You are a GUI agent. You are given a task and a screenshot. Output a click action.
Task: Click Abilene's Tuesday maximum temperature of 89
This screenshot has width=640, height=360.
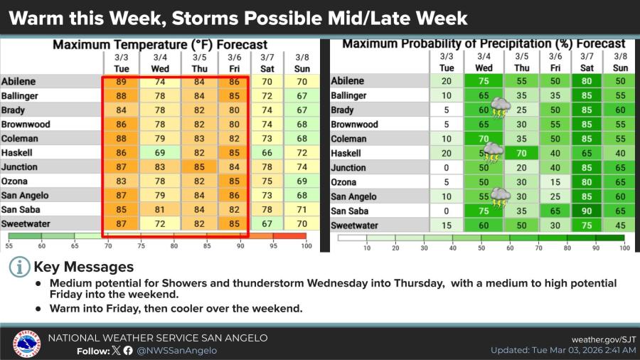point(121,82)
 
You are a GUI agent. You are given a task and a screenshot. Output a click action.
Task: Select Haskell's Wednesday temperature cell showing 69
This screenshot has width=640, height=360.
point(160,153)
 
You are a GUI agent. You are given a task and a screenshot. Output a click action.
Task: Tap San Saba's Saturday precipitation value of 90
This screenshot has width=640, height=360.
point(587,211)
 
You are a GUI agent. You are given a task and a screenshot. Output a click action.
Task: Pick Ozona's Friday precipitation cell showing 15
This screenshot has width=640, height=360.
point(555,182)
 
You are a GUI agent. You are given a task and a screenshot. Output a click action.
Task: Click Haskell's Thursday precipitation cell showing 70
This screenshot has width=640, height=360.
point(521,154)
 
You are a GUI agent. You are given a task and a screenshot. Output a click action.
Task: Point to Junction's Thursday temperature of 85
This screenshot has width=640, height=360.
point(199,167)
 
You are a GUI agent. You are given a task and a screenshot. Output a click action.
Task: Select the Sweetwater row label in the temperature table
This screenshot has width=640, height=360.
point(26,223)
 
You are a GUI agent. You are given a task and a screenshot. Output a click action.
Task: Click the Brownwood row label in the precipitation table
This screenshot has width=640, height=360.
point(354,125)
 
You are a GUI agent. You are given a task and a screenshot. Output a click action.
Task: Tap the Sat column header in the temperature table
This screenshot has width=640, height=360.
point(267,68)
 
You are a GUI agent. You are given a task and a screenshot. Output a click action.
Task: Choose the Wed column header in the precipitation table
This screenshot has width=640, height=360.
point(484,68)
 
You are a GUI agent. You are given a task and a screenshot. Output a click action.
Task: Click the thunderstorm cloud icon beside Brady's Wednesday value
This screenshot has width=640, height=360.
point(501,107)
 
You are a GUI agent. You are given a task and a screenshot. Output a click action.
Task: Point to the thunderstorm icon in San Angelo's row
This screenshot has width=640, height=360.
point(501,198)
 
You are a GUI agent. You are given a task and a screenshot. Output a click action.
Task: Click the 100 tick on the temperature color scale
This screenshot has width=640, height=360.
point(306,245)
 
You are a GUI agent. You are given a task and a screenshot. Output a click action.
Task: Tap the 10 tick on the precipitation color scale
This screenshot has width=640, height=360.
point(367,248)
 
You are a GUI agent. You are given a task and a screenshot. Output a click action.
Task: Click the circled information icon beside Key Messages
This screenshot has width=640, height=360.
point(20,268)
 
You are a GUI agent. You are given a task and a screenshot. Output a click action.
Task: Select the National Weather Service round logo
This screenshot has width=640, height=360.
point(26,344)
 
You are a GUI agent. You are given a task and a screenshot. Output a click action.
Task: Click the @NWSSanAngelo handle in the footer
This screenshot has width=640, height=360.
point(176,351)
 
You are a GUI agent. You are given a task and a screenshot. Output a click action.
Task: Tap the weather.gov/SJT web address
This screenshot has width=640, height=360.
point(604,339)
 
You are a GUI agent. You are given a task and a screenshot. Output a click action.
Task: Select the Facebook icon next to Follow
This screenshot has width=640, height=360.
point(128,350)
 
